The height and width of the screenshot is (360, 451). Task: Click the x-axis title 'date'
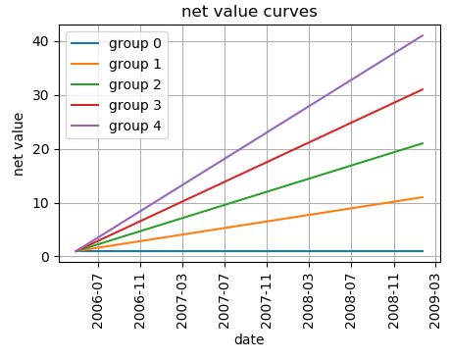pos(249,340)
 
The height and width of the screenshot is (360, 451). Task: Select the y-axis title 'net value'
pos(19,143)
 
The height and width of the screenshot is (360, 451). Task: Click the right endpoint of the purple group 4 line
pos(423,35)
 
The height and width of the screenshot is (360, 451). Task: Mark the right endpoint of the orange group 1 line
pos(423,197)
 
